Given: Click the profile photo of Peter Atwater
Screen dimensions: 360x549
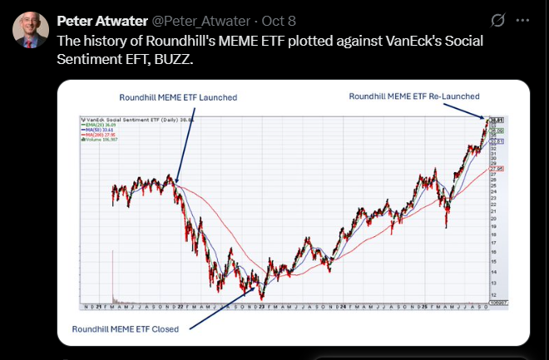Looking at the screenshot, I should point(30,30).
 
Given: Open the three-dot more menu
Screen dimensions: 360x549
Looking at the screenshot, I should point(522,20).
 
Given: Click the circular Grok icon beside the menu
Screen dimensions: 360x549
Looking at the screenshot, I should point(497,20).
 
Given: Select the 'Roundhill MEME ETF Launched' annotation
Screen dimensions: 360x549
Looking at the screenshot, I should point(178,97).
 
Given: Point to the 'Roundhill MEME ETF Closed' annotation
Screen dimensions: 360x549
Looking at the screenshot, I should point(126,328).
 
